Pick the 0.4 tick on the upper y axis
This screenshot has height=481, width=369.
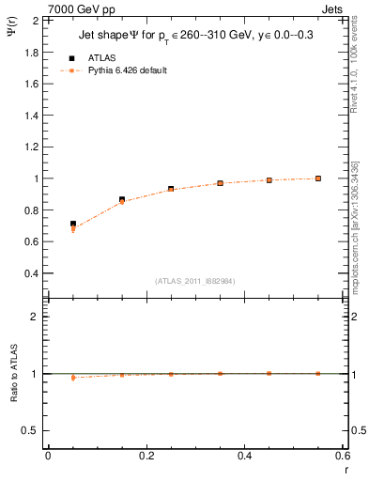pyautogui.click(x=32, y=273)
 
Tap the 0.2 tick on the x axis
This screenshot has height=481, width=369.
pyautogui.click(x=145, y=456)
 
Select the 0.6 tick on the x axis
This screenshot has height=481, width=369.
pyautogui.click(x=342, y=456)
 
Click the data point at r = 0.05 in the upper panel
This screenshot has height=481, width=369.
pyautogui.click(x=73, y=225)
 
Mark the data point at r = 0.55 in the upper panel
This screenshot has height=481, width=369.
pyautogui.click(x=318, y=178)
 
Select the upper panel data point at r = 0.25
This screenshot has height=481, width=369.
pyautogui.click(x=171, y=189)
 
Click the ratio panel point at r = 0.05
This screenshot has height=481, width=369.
pyautogui.click(x=73, y=378)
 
